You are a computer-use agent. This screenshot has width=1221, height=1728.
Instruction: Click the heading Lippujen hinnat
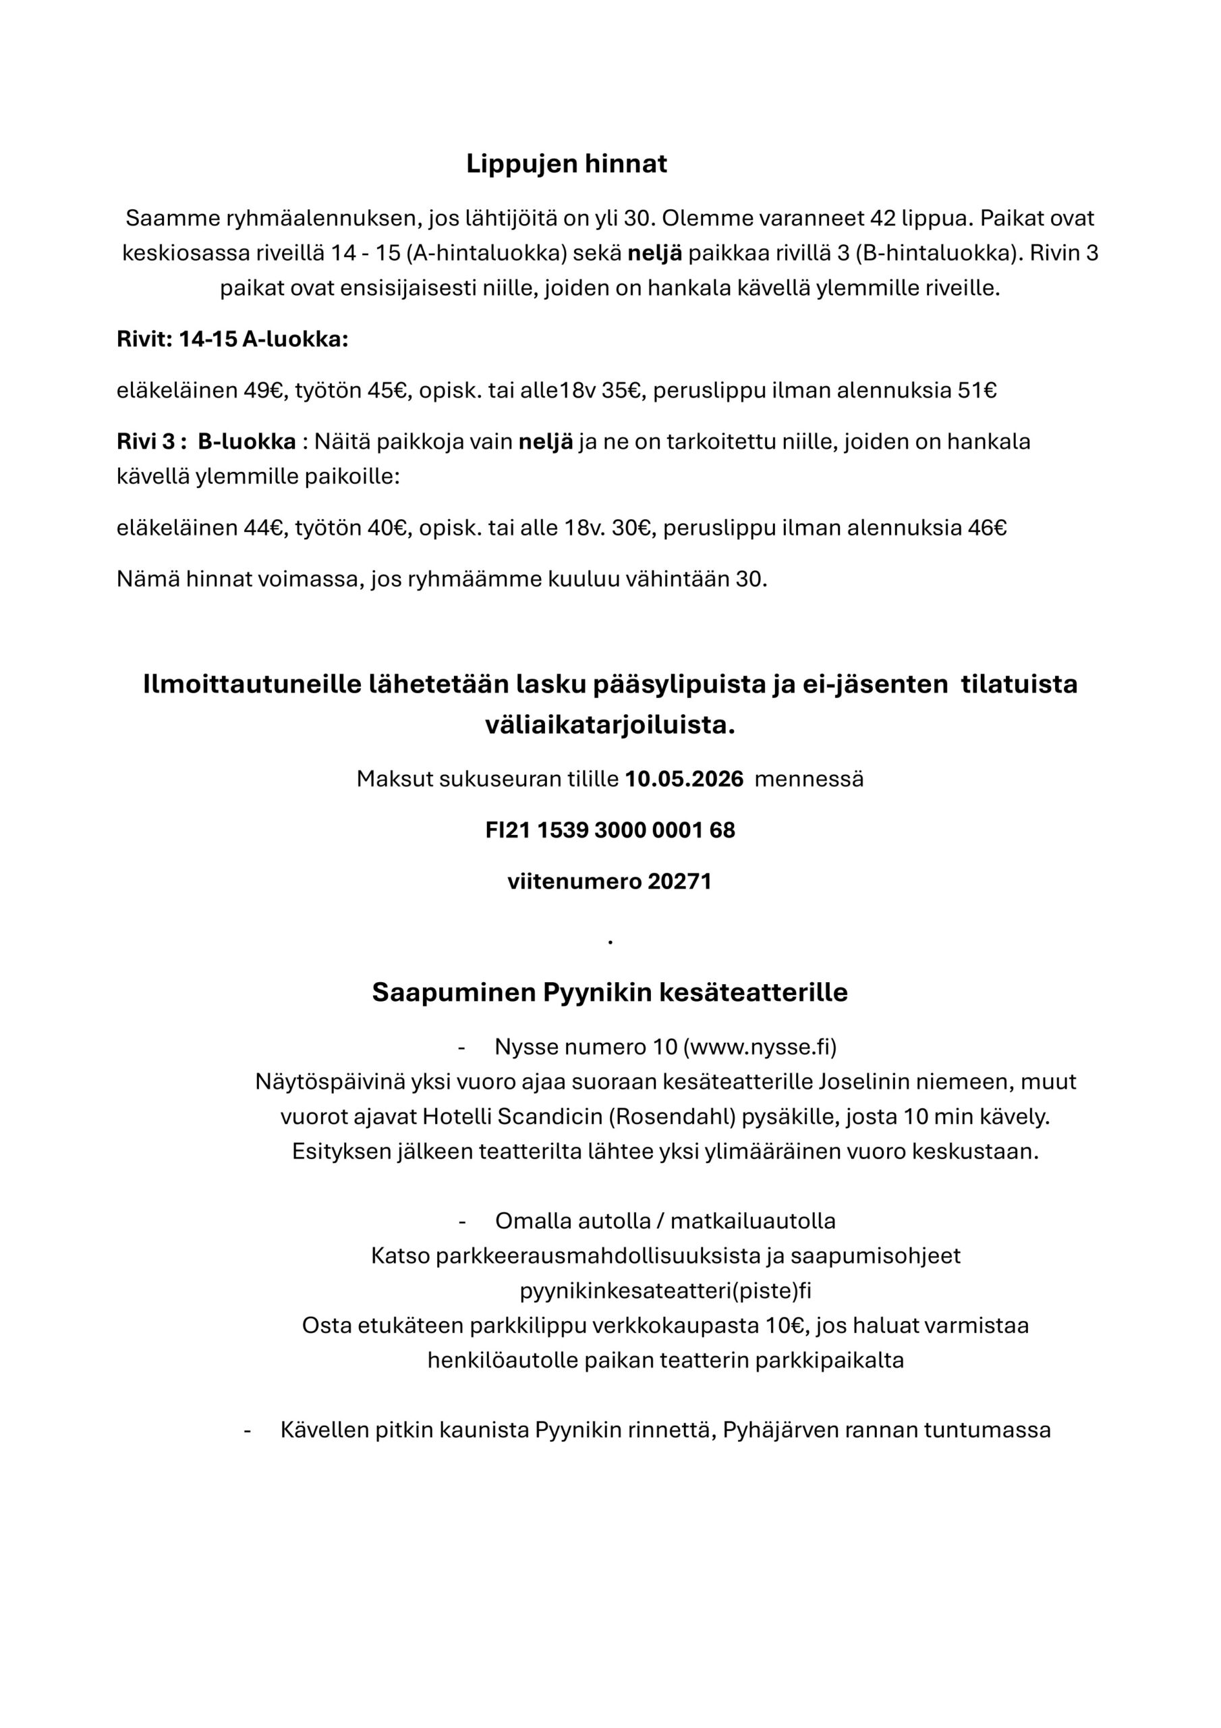pyautogui.click(x=566, y=163)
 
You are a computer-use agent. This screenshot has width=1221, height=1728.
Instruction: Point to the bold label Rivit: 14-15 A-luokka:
pyautogui.click(x=233, y=340)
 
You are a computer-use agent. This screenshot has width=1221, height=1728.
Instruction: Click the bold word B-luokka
pyautogui.click(x=247, y=441)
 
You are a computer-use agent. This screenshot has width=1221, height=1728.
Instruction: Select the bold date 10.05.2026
pyautogui.click(x=684, y=779)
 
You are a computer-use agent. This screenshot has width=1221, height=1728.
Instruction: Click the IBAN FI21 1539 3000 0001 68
pyautogui.click(x=610, y=830)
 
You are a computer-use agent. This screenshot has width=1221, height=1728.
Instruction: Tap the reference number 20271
pyautogui.click(x=679, y=882)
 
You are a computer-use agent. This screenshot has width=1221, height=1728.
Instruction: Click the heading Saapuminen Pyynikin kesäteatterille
pyautogui.click(x=609, y=993)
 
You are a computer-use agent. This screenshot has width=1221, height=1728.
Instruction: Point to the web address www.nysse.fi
pyautogui.click(x=760, y=1047)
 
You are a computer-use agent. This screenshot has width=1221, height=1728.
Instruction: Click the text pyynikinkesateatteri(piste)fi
pyautogui.click(x=665, y=1291)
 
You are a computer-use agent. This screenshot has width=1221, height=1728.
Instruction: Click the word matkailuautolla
pyautogui.click(x=752, y=1221)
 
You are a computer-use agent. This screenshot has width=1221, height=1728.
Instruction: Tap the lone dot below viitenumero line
pyautogui.click(x=610, y=942)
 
